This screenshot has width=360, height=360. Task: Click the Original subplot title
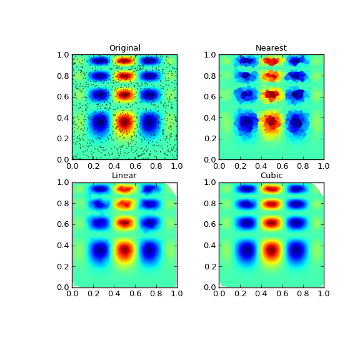click(x=124, y=48)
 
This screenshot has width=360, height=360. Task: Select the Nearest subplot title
click(x=271, y=48)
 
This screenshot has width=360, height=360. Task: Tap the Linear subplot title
click(x=124, y=176)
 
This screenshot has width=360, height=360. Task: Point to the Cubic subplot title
click(x=271, y=176)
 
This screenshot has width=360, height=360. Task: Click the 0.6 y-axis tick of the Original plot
click(x=63, y=96)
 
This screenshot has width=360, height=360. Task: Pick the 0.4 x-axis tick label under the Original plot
click(x=114, y=166)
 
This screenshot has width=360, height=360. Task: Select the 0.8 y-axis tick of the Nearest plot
click(x=210, y=76)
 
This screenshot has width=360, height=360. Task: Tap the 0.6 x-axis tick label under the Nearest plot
click(x=282, y=166)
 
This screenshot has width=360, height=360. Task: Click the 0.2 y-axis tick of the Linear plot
click(x=63, y=266)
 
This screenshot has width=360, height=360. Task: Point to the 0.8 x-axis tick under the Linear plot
click(x=156, y=293)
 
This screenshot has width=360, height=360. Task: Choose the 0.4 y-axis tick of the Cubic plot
click(x=210, y=245)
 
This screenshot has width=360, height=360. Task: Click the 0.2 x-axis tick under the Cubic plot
click(x=240, y=293)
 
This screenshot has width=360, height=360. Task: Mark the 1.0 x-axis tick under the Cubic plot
click(x=324, y=293)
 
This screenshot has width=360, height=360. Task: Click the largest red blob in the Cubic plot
click(x=271, y=251)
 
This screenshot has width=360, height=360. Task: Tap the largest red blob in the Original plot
click(x=124, y=121)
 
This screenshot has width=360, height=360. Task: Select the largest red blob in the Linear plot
click(x=124, y=250)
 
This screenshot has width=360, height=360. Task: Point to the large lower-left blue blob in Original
click(x=99, y=122)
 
